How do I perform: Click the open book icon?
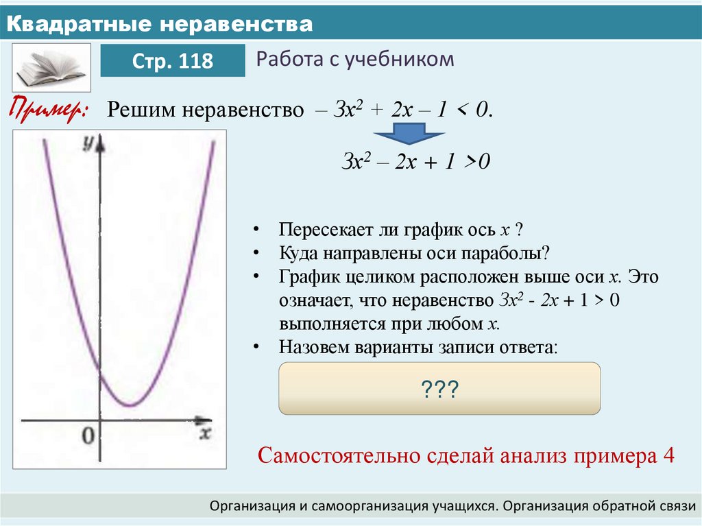tap(51, 67)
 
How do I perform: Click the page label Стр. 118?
tap(173, 61)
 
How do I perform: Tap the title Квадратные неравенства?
tap(160, 25)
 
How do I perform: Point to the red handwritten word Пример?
tap(48, 110)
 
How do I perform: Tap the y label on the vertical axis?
tap(87, 143)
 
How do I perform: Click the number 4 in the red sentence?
tap(669, 455)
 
